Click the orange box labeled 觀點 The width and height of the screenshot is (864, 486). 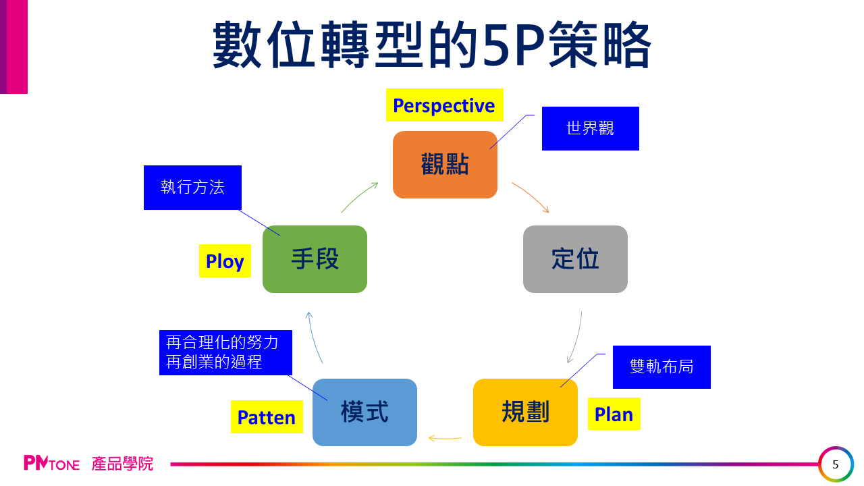pyautogui.click(x=445, y=165)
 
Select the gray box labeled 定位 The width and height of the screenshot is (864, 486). pyautogui.click(x=575, y=259)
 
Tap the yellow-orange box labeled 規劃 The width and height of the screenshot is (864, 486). pyautogui.click(x=525, y=412)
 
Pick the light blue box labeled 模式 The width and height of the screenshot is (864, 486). pyautogui.click(x=364, y=412)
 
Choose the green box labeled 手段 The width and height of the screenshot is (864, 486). pyautogui.click(x=315, y=259)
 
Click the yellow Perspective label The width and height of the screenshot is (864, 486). pyautogui.click(x=444, y=105)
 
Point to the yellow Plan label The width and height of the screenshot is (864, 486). pyautogui.click(x=614, y=414)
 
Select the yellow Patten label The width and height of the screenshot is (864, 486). pyautogui.click(x=267, y=417)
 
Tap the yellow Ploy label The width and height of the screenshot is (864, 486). pyautogui.click(x=225, y=261)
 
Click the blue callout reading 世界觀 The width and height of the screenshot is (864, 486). pyautogui.click(x=590, y=128)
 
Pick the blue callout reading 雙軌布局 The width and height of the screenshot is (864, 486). pyautogui.click(x=661, y=367)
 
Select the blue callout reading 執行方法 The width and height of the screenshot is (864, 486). pyautogui.click(x=192, y=187)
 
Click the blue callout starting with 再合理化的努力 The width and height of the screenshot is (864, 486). pyautogui.click(x=225, y=352)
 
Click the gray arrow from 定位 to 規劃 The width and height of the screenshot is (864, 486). pyautogui.click(x=576, y=337)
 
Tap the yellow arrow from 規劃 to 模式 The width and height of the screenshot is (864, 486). pyautogui.click(x=445, y=439)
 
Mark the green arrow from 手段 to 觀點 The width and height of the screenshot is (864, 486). pyautogui.click(x=359, y=196)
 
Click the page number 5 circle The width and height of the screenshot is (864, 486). pyautogui.click(x=836, y=464)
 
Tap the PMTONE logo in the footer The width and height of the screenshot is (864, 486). pyautogui.click(x=52, y=464)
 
